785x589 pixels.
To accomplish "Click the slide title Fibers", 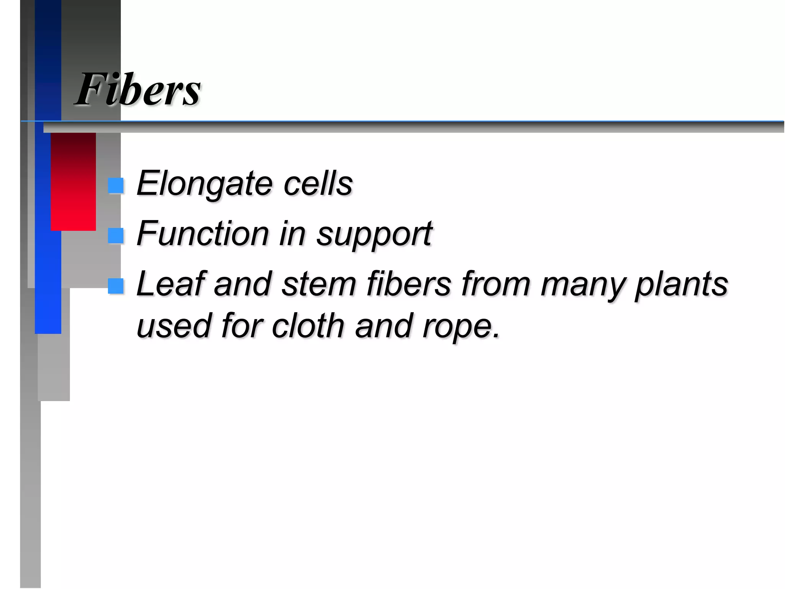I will pyautogui.click(x=138, y=89).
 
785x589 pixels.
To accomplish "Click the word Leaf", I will pyautogui.click(x=171, y=283).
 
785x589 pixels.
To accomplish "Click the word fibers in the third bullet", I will pyautogui.click(x=409, y=283).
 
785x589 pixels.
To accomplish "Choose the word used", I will pyautogui.click(x=174, y=326).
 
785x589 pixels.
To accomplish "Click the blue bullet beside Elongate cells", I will pyautogui.click(x=116, y=186).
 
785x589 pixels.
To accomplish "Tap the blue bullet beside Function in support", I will pyautogui.click(x=116, y=235).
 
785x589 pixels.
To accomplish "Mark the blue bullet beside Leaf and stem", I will pyautogui.click(x=116, y=286).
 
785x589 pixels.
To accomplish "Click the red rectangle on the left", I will pyautogui.click(x=73, y=181).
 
